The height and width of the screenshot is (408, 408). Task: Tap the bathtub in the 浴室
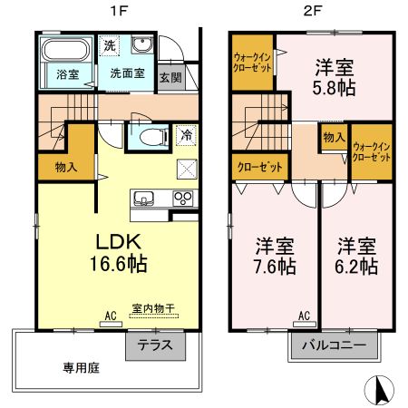(66, 51)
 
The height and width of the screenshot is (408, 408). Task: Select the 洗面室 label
(127, 72)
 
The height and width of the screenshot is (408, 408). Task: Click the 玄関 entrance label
(170, 77)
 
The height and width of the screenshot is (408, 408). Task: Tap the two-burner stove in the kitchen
(183, 199)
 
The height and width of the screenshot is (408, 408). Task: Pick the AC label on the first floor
(111, 316)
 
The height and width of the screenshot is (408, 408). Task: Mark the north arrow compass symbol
(380, 389)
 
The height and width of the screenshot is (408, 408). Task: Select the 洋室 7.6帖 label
(273, 256)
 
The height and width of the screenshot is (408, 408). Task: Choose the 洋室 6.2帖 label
(357, 256)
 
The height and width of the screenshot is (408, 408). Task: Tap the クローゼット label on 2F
(258, 168)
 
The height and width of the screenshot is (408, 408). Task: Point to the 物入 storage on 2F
(333, 137)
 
